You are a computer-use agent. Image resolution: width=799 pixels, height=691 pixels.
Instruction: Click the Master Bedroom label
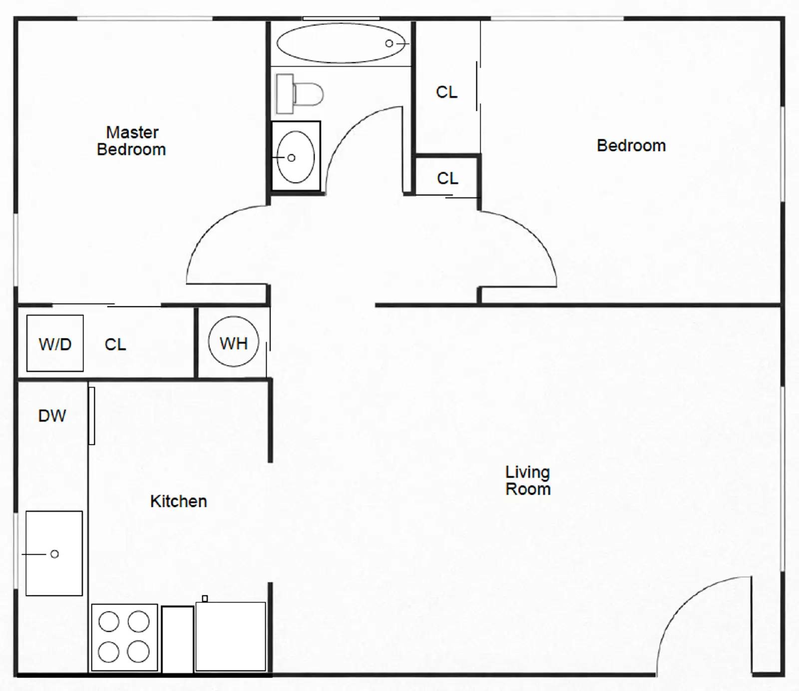click(131, 141)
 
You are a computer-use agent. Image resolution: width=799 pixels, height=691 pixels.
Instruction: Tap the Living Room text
click(528, 480)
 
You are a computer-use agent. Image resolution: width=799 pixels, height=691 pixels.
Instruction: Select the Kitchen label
click(178, 501)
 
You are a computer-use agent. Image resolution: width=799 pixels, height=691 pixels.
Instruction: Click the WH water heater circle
click(234, 343)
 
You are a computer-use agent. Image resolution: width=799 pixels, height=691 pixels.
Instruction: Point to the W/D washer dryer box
click(55, 344)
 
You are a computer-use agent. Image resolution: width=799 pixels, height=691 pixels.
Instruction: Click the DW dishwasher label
click(52, 415)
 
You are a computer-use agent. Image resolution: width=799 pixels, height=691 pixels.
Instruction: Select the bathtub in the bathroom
click(341, 43)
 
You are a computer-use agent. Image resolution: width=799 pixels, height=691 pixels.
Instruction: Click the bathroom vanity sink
click(296, 157)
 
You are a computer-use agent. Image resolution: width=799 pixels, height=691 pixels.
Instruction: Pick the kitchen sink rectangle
click(54, 553)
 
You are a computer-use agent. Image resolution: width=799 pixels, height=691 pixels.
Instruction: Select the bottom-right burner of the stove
click(138, 652)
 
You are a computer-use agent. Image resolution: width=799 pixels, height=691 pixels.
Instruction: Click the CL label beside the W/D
click(115, 345)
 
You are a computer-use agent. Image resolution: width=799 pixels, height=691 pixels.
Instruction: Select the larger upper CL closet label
click(446, 92)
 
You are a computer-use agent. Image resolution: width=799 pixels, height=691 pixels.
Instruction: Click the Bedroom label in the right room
click(631, 146)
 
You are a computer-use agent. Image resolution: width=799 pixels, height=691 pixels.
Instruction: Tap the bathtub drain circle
click(389, 43)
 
